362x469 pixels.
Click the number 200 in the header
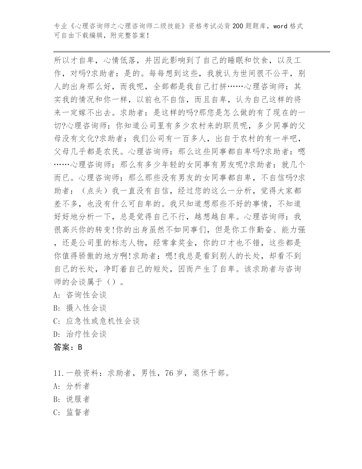click(x=237, y=26)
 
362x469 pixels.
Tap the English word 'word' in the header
click(x=280, y=26)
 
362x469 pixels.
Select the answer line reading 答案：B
click(x=68, y=347)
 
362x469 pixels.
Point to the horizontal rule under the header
click(x=192, y=51)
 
